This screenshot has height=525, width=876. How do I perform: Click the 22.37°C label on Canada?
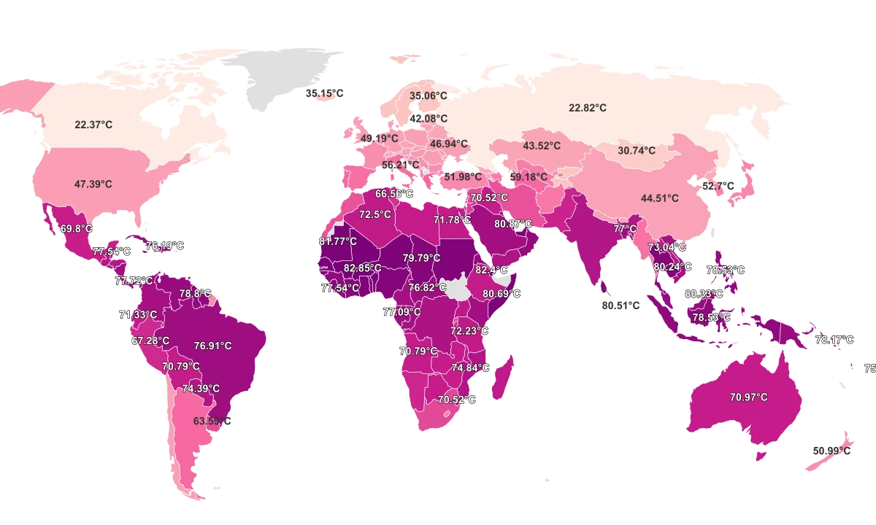[x=93, y=125]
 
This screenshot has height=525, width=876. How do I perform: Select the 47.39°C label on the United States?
[x=93, y=184]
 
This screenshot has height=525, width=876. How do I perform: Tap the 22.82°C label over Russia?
[x=588, y=108]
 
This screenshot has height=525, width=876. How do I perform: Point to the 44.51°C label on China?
[x=659, y=198]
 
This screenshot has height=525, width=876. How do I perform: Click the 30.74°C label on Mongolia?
[x=637, y=151]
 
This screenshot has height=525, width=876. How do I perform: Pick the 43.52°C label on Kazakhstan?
[x=542, y=146]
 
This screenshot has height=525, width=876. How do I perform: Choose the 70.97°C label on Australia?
[x=748, y=397]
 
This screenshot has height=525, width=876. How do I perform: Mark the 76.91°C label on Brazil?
[x=212, y=346]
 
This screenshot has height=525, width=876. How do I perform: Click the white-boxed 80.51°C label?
[x=620, y=306]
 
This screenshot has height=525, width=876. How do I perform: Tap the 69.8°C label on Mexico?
[x=77, y=228]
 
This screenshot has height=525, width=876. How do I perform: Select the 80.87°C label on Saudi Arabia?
[x=513, y=224]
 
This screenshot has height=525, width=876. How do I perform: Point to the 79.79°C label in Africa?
[x=422, y=258]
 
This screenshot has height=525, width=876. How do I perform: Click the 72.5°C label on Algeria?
[x=374, y=215]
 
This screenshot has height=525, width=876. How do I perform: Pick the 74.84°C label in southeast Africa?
[x=470, y=367]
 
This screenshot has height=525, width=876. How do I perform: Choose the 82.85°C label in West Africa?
[x=363, y=268]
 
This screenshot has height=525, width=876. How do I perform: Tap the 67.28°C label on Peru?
[x=150, y=341]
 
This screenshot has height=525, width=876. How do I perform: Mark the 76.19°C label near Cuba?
[x=165, y=246]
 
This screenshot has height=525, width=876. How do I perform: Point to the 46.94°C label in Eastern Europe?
[x=448, y=144]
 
